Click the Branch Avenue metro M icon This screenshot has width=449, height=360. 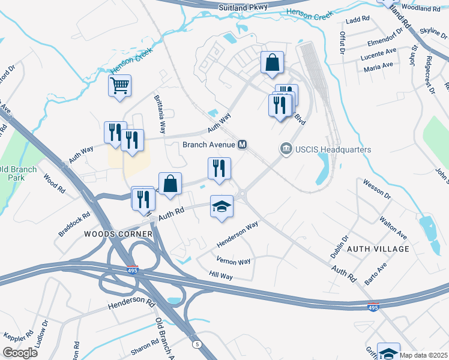(243, 145)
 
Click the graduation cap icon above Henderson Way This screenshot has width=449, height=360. (221, 206)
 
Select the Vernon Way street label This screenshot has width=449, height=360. (233, 262)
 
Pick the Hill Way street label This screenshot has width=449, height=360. (221, 276)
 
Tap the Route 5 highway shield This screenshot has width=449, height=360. (196, 344)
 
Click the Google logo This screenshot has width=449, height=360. (20, 353)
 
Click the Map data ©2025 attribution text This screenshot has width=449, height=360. (423, 355)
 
